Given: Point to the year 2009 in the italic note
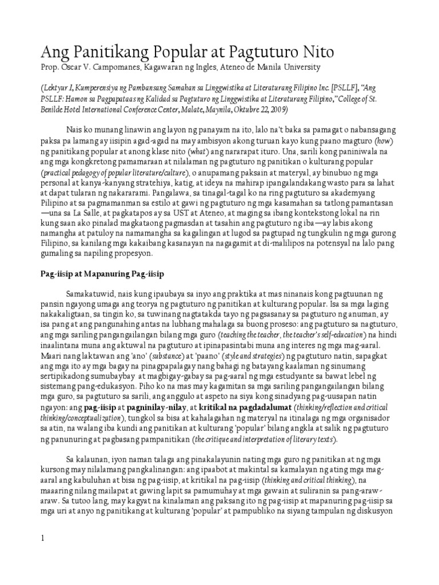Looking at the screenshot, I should (x=276, y=109).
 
